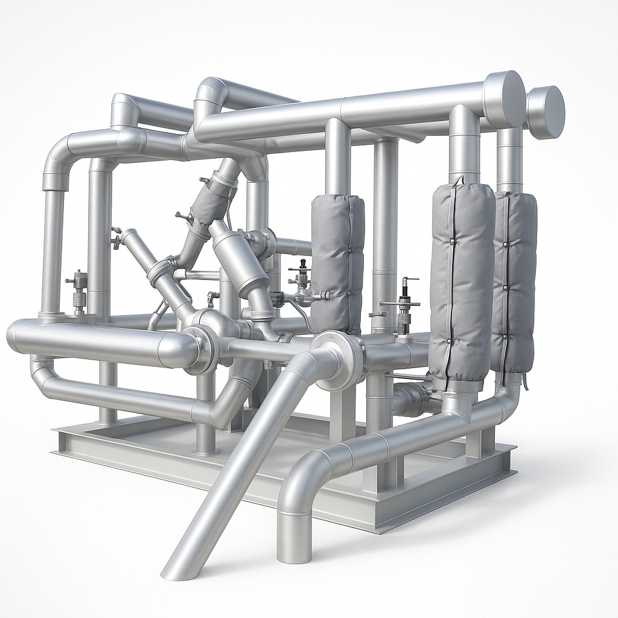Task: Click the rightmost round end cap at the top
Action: pyautogui.click(x=546, y=112)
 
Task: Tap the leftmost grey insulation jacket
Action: pyautogui.click(x=337, y=263)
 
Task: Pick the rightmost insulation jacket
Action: pyautogui.click(x=515, y=281)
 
